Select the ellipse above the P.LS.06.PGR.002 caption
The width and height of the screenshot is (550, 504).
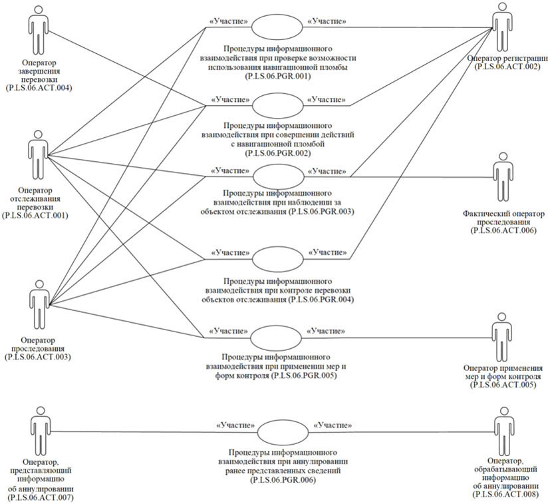[277, 105]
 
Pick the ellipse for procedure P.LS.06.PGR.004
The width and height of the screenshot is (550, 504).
[277, 258]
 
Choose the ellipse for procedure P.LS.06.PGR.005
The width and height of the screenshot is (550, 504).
[277, 337]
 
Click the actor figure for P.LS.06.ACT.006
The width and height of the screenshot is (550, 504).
[503, 180]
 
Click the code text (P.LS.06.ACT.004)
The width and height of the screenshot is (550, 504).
[38, 88]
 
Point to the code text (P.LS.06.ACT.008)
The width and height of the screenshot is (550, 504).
[503, 496]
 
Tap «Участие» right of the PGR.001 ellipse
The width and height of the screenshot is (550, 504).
[327, 22]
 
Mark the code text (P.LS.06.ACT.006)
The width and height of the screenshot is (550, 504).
[503, 230]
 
